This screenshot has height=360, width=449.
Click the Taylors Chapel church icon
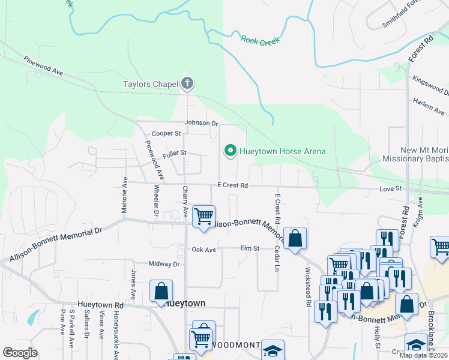point(187,84)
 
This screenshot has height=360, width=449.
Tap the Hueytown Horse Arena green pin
point(229,151)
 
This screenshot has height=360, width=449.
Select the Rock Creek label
point(261,40)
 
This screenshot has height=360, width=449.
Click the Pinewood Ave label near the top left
point(44,67)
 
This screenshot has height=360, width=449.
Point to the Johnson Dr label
point(202,122)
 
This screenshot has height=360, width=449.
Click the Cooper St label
point(166,133)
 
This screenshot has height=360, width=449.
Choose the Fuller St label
point(175,154)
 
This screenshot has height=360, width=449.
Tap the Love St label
point(390,189)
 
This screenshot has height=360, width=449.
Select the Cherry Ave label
point(185,202)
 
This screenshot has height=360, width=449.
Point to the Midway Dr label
point(164,264)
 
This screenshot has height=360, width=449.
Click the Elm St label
point(250,248)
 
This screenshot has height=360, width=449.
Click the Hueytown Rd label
point(100,305)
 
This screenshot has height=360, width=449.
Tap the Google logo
point(20,353)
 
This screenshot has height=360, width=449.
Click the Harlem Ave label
point(429,107)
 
